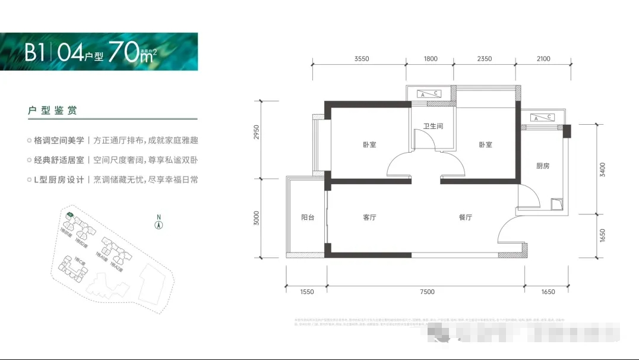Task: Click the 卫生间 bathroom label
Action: (433, 127)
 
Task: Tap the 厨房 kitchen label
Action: (542, 166)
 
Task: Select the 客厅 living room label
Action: (369, 217)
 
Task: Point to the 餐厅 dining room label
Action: (465, 217)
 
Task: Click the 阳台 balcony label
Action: (307, 217)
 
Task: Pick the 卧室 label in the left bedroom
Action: (369, 145)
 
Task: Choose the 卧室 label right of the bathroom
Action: (486, 145)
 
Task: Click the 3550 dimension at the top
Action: (362, 59)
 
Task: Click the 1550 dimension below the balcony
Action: (306, 292)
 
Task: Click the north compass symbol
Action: (159, 224)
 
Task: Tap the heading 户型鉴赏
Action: (52, 111)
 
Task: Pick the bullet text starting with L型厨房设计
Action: (113, 179)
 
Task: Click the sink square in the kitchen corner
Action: (556, 204)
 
